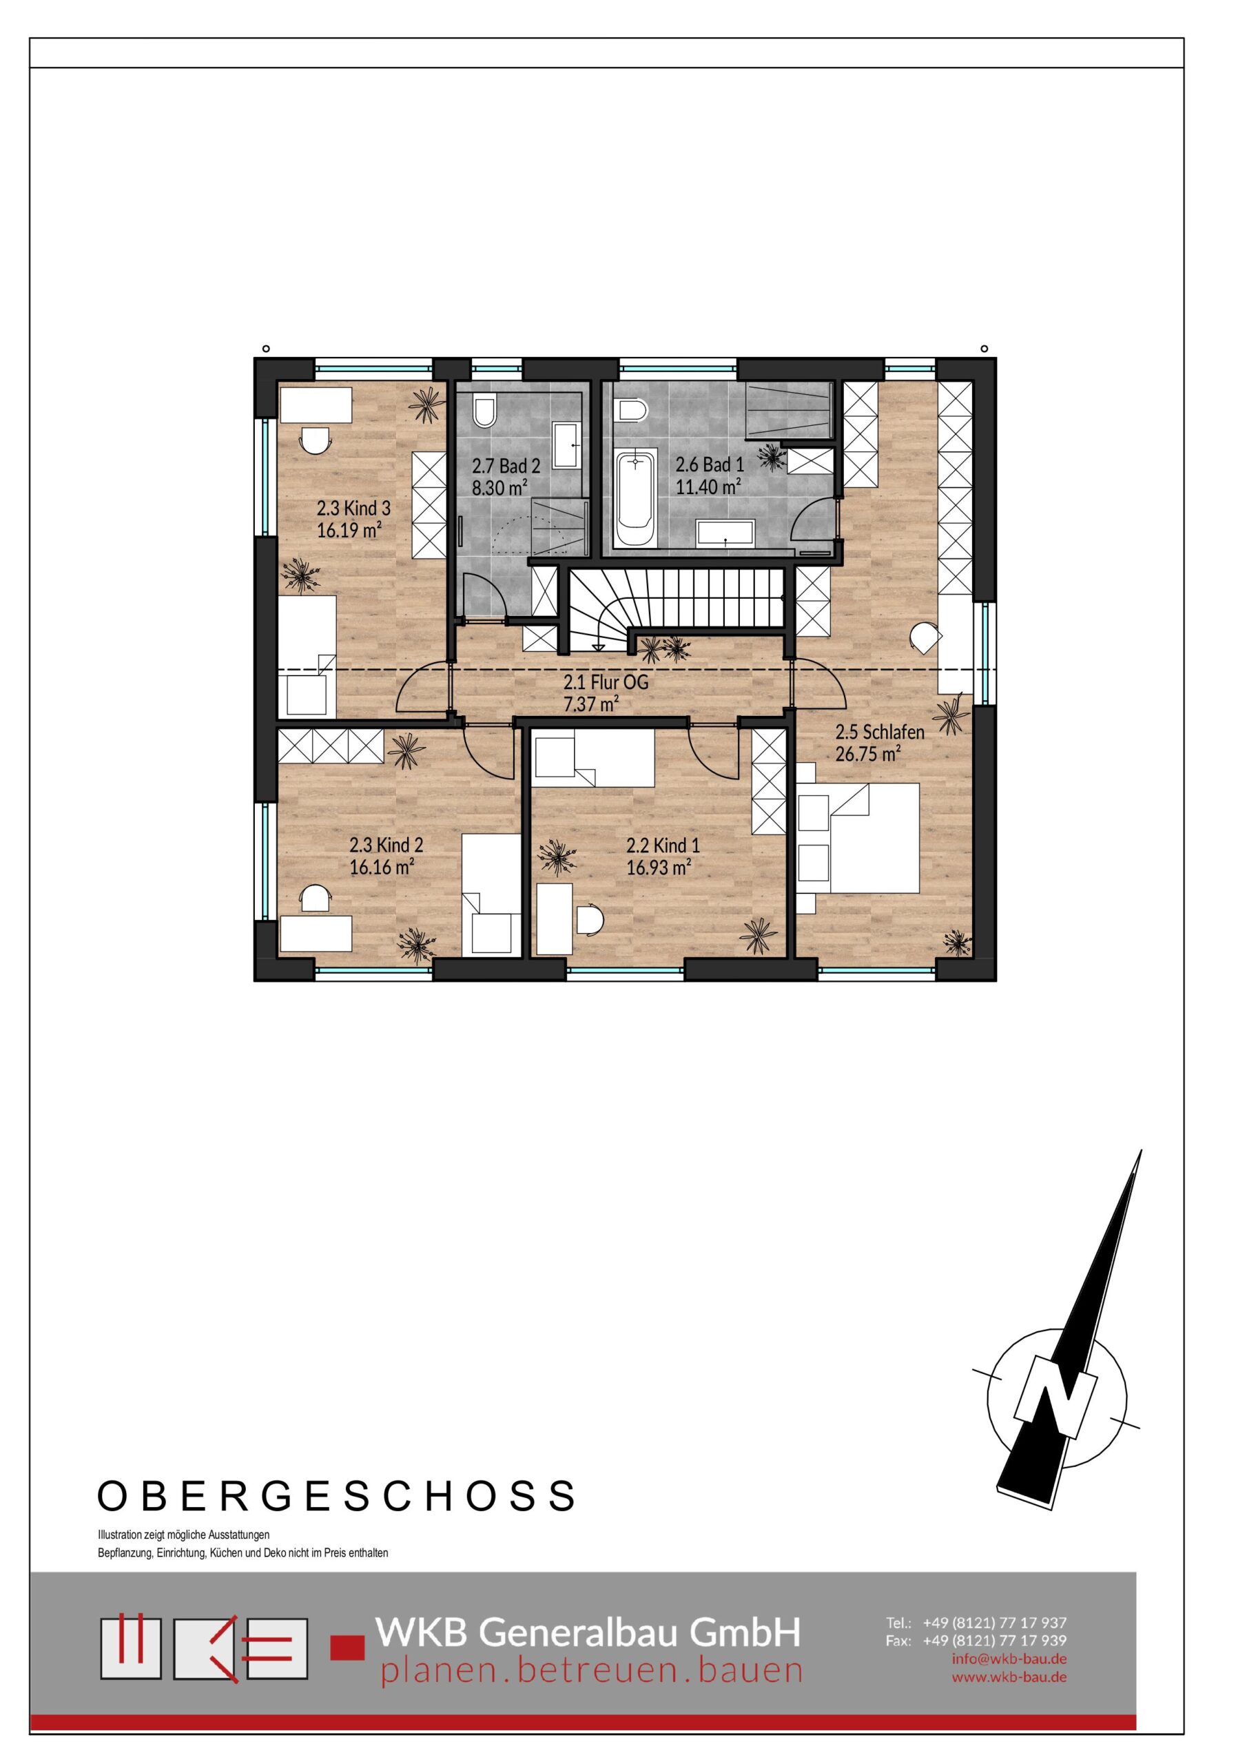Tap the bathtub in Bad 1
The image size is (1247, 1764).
(635, 499)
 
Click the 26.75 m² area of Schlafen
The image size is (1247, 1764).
(868, 754)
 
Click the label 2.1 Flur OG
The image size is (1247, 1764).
(606, 681)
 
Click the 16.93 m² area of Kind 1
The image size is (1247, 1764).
(659, 868)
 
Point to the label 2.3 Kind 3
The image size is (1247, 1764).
(353, 509)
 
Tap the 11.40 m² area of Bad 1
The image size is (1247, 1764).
(708, 486)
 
